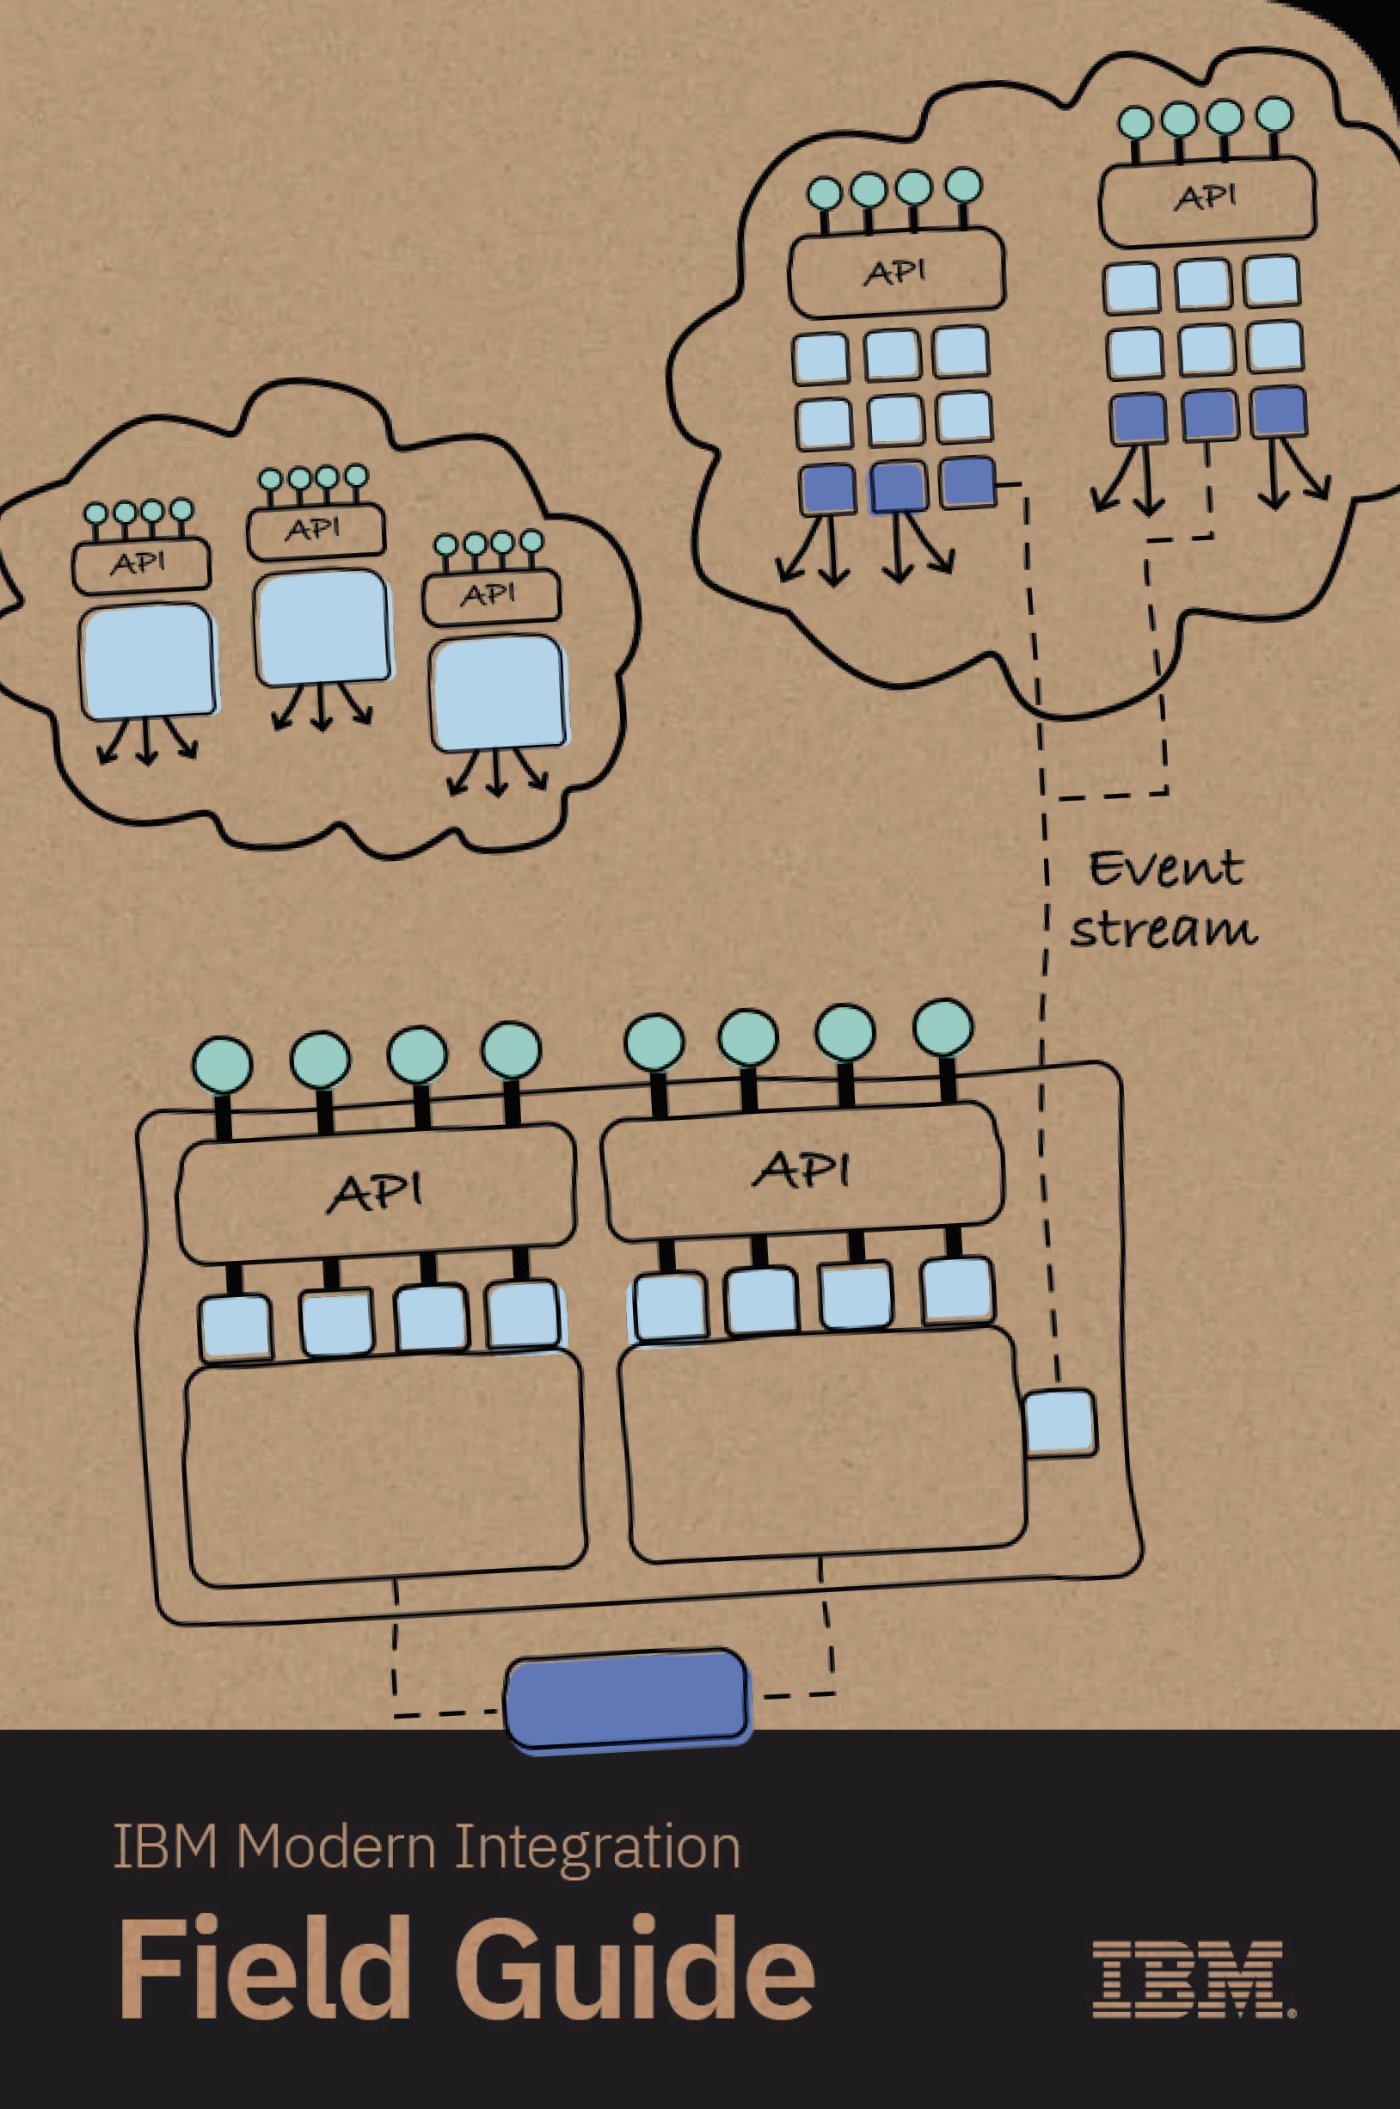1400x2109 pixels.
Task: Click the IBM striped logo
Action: point(1194,1977)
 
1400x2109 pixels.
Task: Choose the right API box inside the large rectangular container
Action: point(803,1171)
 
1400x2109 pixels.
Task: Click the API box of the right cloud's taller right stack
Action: point(1207,200)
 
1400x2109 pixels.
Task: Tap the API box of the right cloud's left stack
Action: point(895,273)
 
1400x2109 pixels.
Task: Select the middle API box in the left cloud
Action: point(316,532)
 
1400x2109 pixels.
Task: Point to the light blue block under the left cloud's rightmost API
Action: point(498,694)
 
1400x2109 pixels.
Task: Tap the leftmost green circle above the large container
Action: point(223,1065)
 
